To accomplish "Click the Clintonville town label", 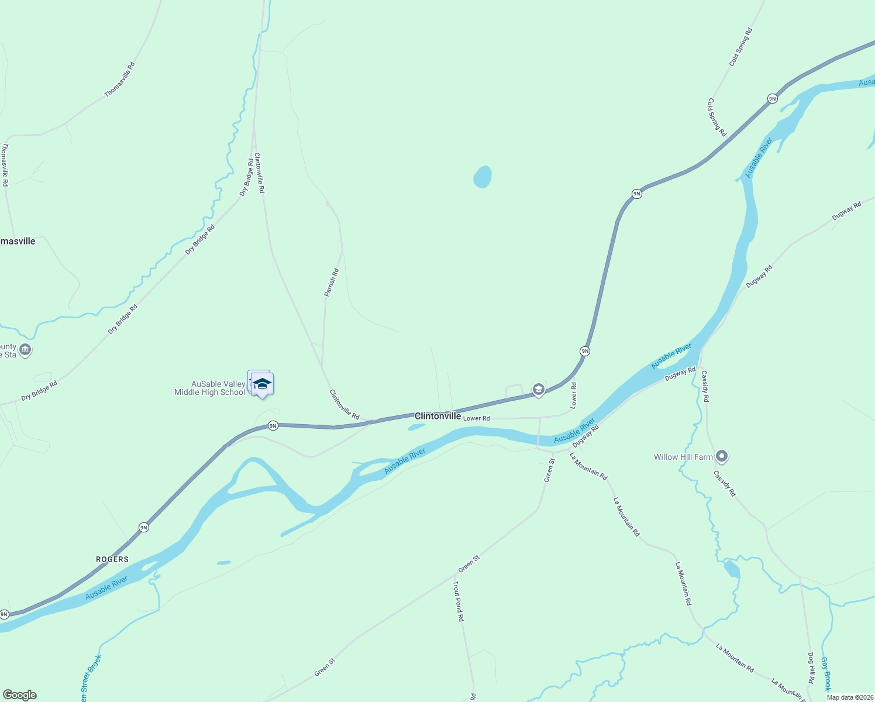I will tap(437, 416).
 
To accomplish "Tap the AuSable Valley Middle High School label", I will tap(210, 388).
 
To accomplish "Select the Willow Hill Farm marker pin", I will tap(722, 456).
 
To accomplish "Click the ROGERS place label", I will tap(112, 559).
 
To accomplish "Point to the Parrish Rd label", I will tap(332, 283).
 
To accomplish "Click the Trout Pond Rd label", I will tap(459, 601).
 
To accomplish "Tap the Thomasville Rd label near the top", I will tap(119, 80).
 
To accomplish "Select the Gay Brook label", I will tap(825, 673).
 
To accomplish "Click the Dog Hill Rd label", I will tap(811, 668).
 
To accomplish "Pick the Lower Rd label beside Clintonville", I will tap(476, 418).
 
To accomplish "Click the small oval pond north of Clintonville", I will tap(482, 177).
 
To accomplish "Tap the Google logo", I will tap(20, 695).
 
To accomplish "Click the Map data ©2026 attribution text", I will tap(850, 697).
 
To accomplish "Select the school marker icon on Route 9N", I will tap(539, 389).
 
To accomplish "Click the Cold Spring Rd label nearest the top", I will tap(740, 47).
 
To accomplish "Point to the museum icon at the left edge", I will tap(25, 350).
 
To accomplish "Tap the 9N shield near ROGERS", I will tap(144, 528).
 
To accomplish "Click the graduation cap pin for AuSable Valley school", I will tap(262, 384).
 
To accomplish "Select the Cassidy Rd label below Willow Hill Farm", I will tap(725, 483).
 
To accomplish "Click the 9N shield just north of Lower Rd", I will tap(585, 351).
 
